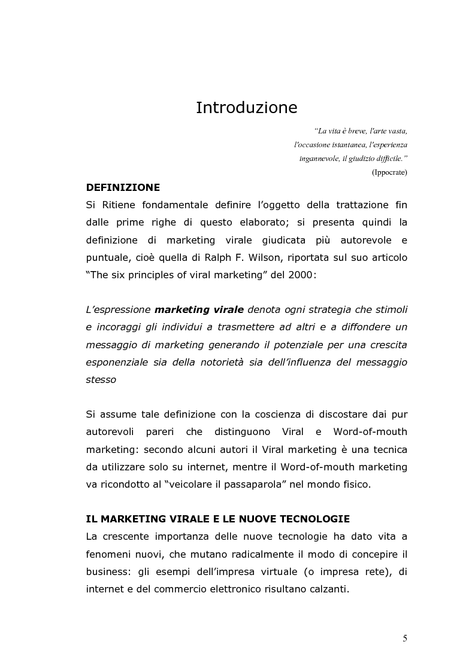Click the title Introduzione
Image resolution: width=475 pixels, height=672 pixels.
click(x=247, y=108)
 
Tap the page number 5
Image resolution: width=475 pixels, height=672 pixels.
click(x=405, y=638)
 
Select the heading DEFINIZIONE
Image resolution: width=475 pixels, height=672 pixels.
click(x=123, y=187)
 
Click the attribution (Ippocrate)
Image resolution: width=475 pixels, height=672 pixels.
click(x=389, y=172)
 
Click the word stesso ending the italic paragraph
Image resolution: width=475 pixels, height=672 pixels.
click(x=101, y=380)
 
